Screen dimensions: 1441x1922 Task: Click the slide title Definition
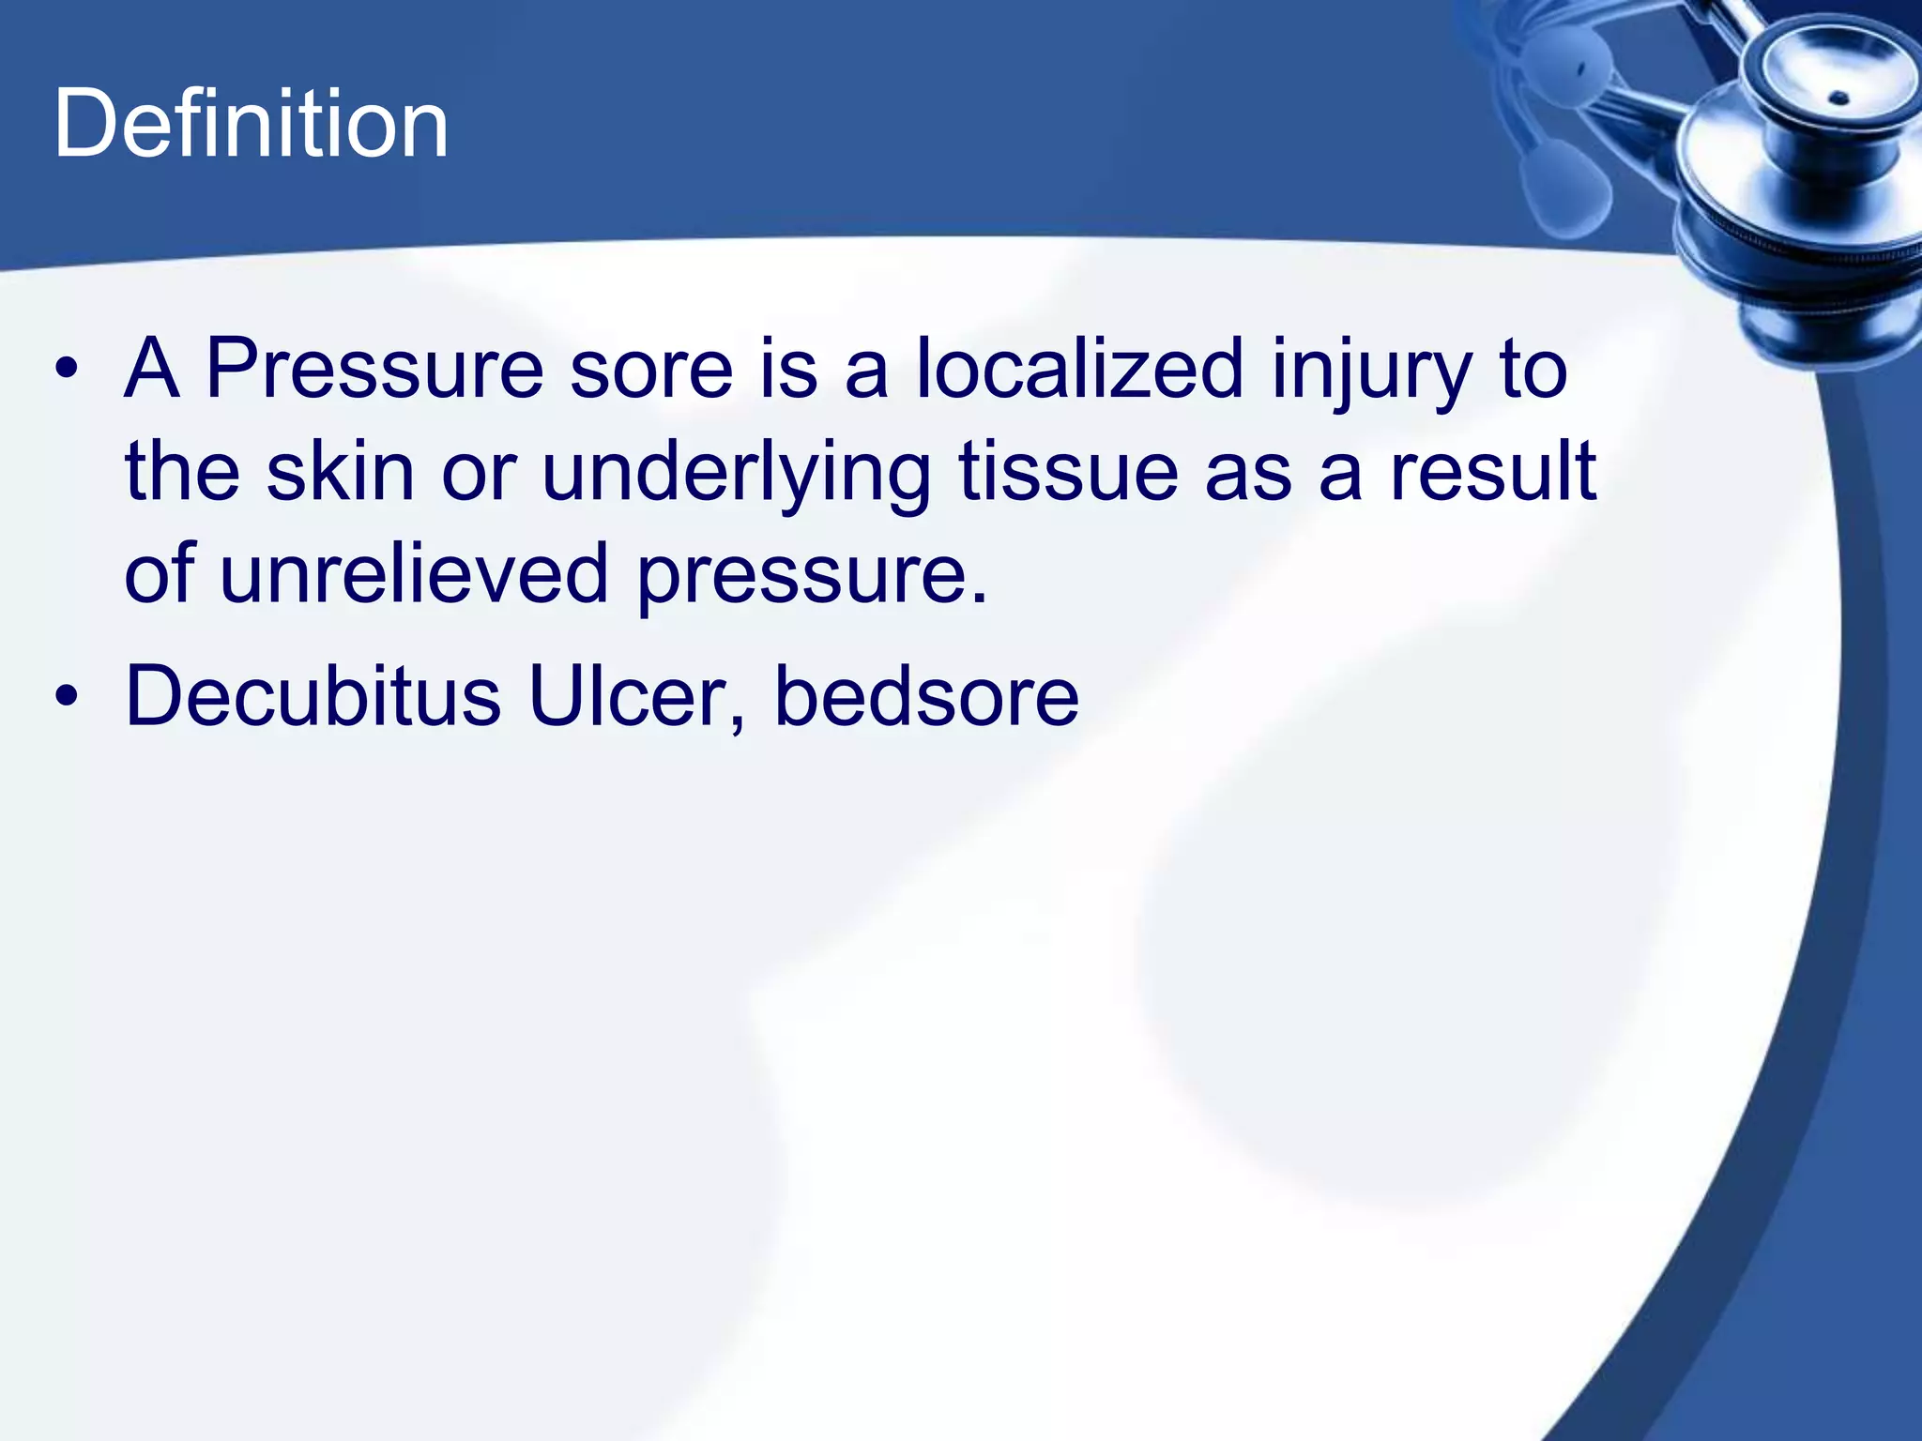coord(251,124)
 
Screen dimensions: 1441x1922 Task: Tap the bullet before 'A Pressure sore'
coord(66,370)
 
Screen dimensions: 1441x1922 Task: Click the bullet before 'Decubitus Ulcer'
coord(66,697)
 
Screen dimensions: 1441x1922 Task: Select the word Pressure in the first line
coord(374,370)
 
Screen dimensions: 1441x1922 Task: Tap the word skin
coord(340,472)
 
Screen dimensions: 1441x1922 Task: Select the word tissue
coord(1068,472)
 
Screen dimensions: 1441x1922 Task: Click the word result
coord(1493,472)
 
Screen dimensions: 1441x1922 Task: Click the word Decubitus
coord(313,697)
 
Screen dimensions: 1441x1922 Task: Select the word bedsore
coord(926,697)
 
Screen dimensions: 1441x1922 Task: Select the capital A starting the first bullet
coord(151,370)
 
